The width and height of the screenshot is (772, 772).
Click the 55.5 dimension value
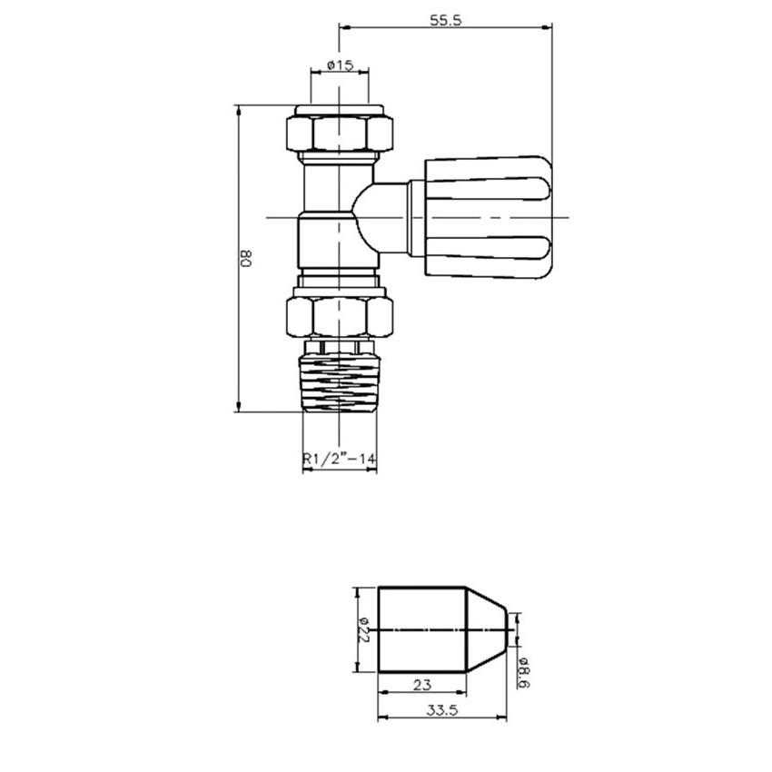(x=446, y=20)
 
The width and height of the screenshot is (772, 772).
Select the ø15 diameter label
(x=340, y=64)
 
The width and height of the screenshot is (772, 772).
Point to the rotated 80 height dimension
(x=246, y=258)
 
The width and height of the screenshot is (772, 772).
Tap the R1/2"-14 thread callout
(x=340, y=459)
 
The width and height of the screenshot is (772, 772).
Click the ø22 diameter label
(x=364, y=630)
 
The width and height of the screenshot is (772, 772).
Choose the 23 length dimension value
(x=422, y=685)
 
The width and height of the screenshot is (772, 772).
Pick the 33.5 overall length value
(x=442, y=710)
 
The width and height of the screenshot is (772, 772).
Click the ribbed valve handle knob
(x=488, y=217)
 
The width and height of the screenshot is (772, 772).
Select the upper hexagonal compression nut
(x=340, y=133)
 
